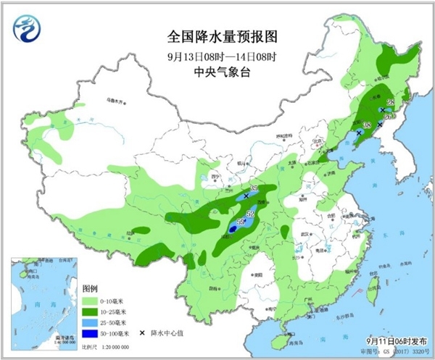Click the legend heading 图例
pyautogui.click(x=89, y=287)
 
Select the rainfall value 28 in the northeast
pyautogui.click(x=389, y=103)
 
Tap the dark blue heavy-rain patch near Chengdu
pyautogui.click(x=232, y=229)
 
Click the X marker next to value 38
pyautogui.click(x=358, y=133)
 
